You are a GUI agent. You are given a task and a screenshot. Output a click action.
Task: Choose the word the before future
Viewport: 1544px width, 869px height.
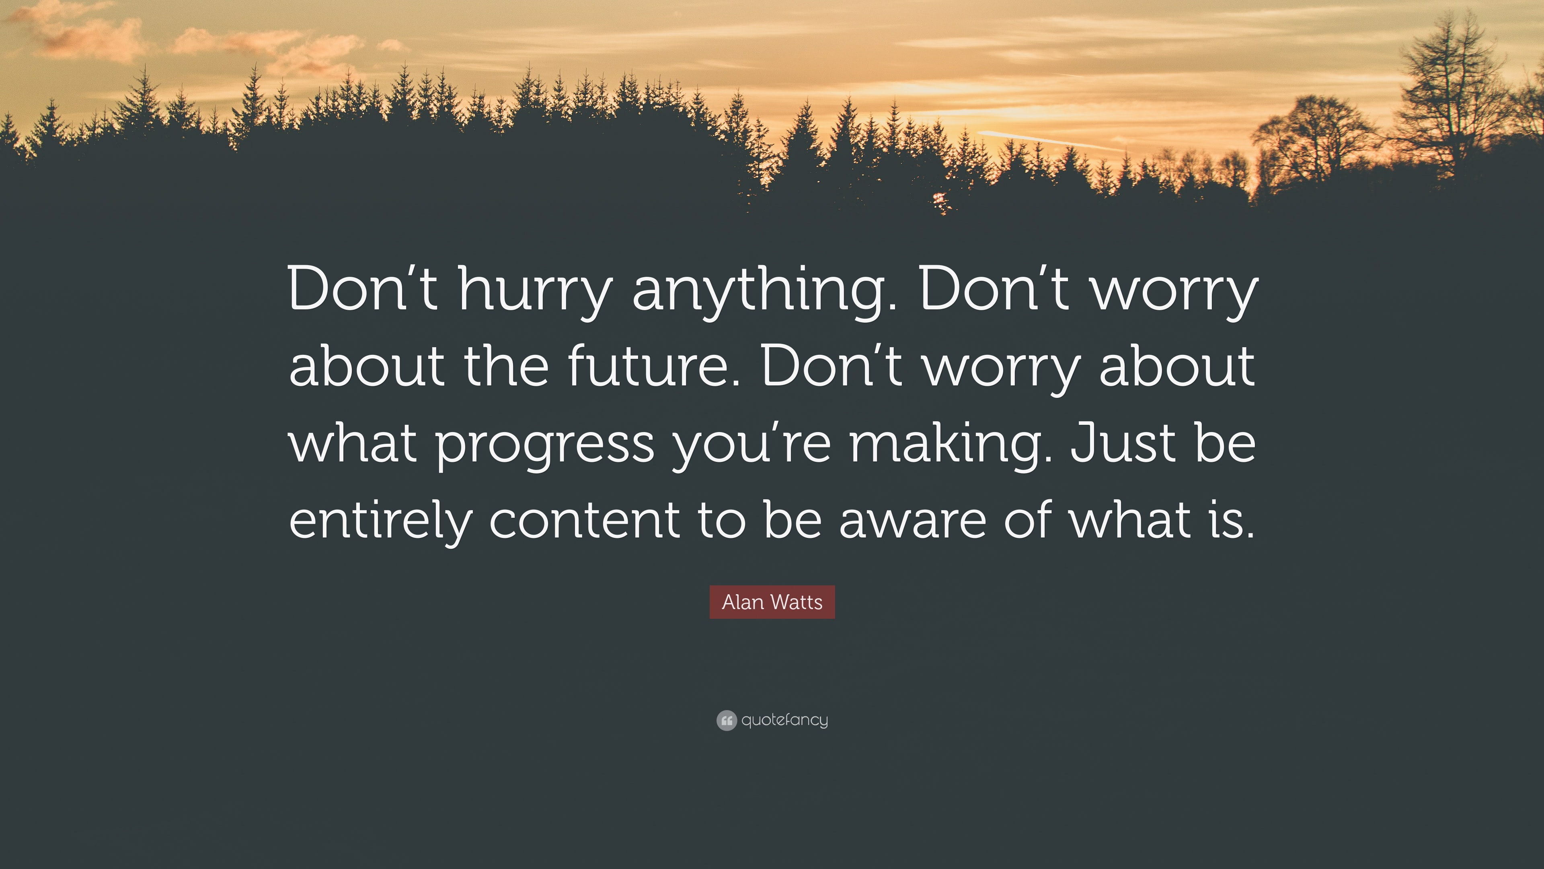[507, 366]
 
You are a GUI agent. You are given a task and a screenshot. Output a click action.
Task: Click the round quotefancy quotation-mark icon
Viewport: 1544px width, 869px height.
[727, 720]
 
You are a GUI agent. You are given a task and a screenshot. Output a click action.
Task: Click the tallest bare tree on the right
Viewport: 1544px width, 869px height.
[1450, 96]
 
